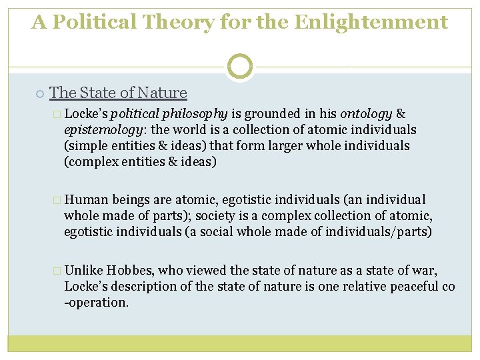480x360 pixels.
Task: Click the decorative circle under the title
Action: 240,66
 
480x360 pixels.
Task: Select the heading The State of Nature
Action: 118,93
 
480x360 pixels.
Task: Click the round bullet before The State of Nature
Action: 41,93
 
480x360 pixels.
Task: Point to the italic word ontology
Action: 365,114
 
